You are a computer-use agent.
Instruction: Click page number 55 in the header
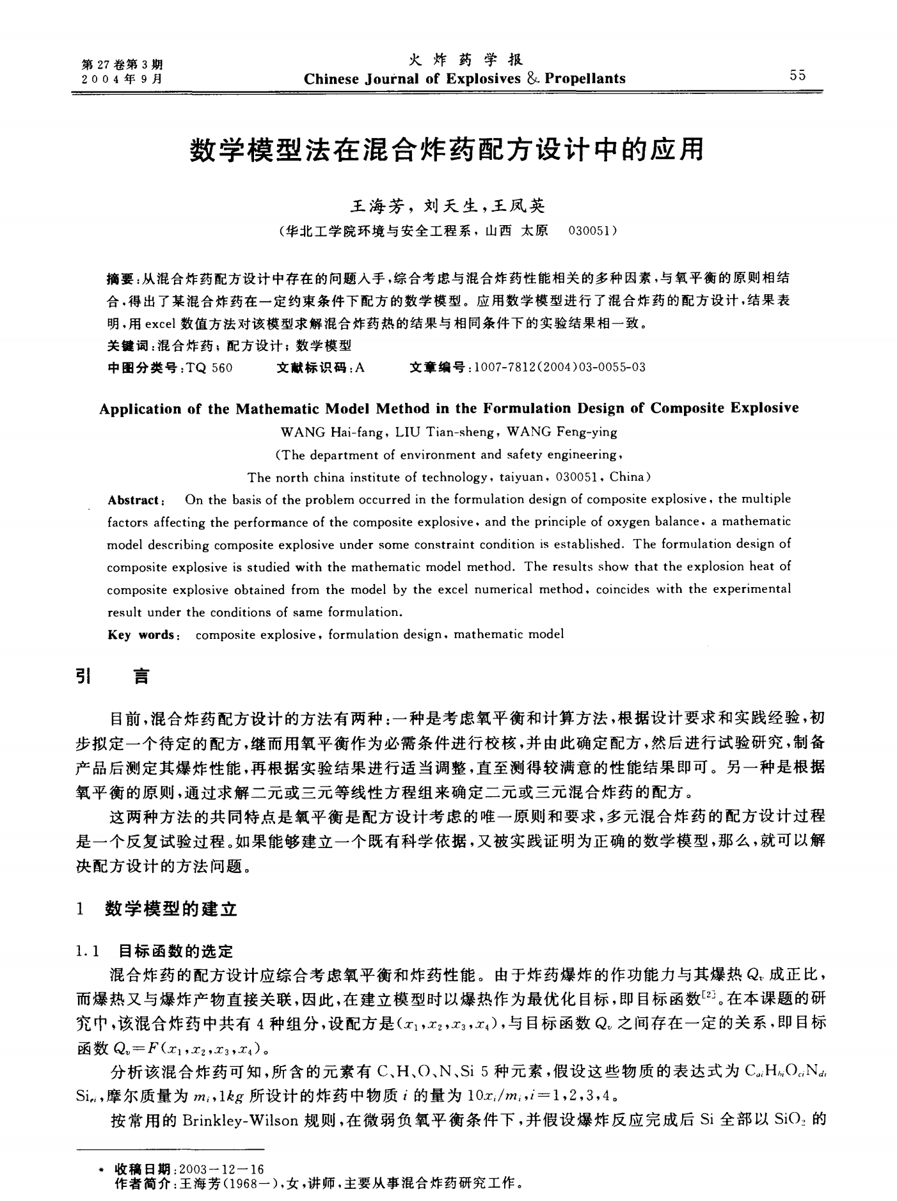pyautogui.click(x=797, y=75)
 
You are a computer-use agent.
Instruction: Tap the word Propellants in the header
pyautogui.click(x=585, y=79)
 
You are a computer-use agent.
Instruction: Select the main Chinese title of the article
pyautogui.click(x=447, y=151)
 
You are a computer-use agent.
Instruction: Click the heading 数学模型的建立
pyautogui.click(x=171, y=908)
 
